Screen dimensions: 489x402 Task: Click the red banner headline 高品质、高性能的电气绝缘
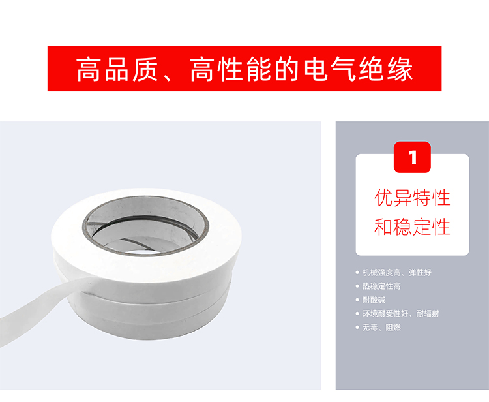pos(244,69)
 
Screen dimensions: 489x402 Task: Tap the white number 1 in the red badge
pos(413,157)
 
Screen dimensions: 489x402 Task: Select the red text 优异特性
pos(412,198)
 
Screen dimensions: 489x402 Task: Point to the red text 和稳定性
pos(412,227)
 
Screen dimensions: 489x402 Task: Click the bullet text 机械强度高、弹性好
pos(396,273)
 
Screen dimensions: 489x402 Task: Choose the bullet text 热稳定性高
pos(381,286)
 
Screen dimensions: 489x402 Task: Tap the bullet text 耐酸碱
pos(374,300)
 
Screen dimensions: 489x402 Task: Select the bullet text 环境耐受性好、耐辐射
pos(400,314)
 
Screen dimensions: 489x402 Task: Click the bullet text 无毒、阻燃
pos(381,328)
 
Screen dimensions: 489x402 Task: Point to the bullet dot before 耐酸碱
pos(357,300)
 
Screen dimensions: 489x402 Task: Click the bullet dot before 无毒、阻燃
pos(357,328)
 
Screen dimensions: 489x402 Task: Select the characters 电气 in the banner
pos(330,69)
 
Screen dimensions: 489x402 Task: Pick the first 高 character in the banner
pos(89,69)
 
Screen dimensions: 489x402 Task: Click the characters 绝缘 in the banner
pos(386,69)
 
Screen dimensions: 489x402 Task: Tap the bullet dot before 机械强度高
pos(357,273)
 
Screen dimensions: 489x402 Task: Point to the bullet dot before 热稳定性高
pos(357,286)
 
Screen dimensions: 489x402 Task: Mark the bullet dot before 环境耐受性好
pos(357,314)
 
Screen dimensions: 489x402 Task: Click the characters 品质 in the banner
pos(131,69)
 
